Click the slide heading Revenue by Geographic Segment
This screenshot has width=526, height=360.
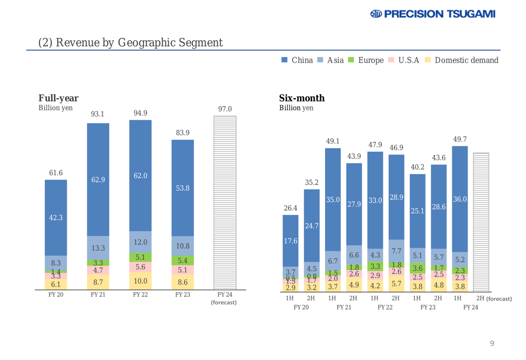pos(130,42)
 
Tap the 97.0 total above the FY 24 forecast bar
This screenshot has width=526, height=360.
pos(224,108)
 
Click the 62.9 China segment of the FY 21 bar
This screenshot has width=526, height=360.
pos(98,179)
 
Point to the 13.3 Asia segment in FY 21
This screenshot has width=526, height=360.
pos(98,248)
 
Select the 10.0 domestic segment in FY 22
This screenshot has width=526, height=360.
pos(140,281)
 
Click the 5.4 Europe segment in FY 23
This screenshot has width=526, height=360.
pos(183,260)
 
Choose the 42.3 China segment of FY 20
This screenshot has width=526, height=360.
pos(56,218)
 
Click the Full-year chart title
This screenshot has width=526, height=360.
pos(59,98)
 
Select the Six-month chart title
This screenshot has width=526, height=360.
pos(301,98)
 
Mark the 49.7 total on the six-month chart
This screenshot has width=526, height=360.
pos(460,139)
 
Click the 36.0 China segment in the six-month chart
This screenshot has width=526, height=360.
pos(460,199)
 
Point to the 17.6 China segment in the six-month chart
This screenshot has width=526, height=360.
pos(290,241)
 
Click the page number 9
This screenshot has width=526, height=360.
pos(492,344)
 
